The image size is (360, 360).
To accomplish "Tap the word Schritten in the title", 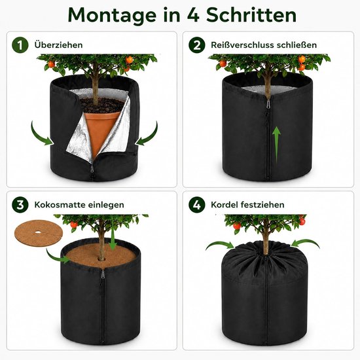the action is click(x=251, y=14).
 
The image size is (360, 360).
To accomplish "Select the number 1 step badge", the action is click(x=20, y=45).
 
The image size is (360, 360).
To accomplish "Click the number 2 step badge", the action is click(x=197, y=45).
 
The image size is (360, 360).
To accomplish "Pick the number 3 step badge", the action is click(x=20, y=205).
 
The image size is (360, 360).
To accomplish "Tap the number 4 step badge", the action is click(x=197, y=205).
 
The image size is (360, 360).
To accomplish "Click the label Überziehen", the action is click(x=58, y=45).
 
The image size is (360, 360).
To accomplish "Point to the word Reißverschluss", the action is click(x=242, y=45).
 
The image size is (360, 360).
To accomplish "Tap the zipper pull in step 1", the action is click(x=92, y=170).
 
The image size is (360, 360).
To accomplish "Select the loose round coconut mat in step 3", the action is click(x=39, y=232).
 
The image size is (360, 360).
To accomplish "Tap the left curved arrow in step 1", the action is click(x=41, y=135).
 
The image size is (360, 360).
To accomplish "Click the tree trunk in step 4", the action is click(x=266, y=238).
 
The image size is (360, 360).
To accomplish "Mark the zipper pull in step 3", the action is click(x=103, y=275).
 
